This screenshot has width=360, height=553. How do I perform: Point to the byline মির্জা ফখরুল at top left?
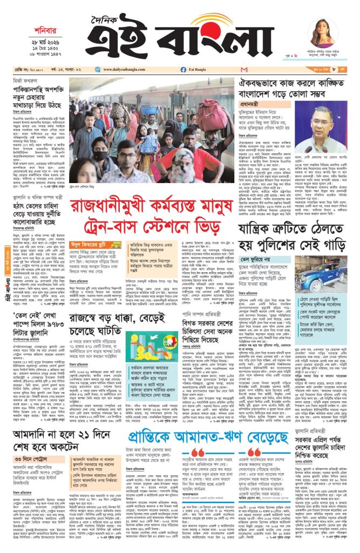[24, 81]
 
